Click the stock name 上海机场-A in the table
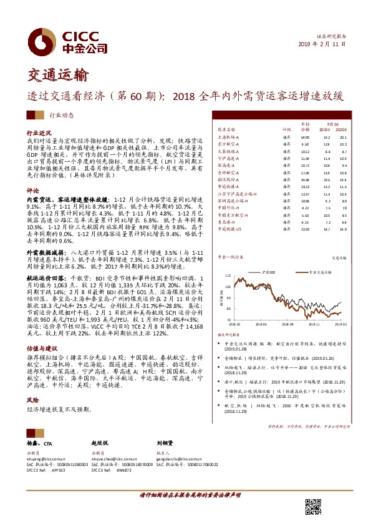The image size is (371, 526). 229,136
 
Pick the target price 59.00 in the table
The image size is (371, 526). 305,136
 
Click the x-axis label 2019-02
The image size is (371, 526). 340,324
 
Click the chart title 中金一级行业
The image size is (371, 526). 228,257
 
